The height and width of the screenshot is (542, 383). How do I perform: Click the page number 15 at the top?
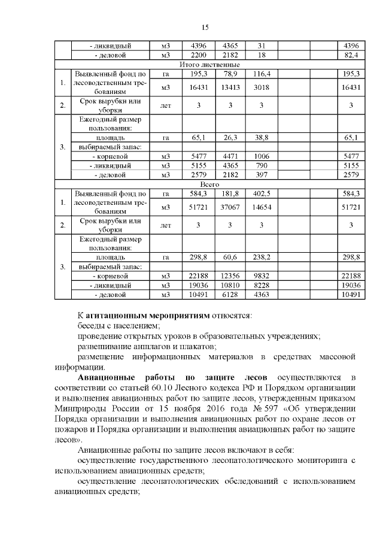click(204, 28)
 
